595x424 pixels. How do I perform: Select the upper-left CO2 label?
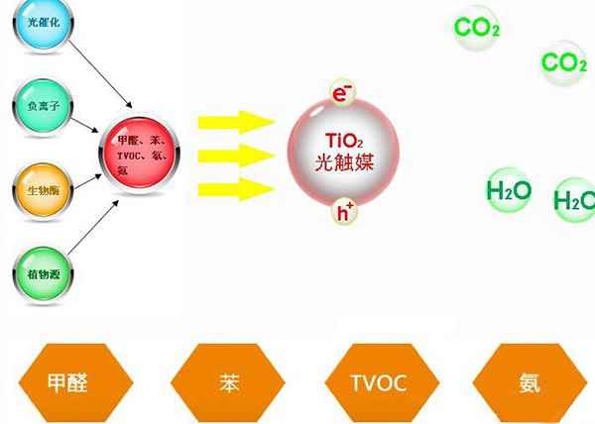coord(476,28)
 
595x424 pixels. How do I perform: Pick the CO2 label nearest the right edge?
coord(563,63)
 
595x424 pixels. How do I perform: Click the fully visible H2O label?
coord(509,189)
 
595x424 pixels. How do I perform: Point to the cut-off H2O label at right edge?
coord(574,201)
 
